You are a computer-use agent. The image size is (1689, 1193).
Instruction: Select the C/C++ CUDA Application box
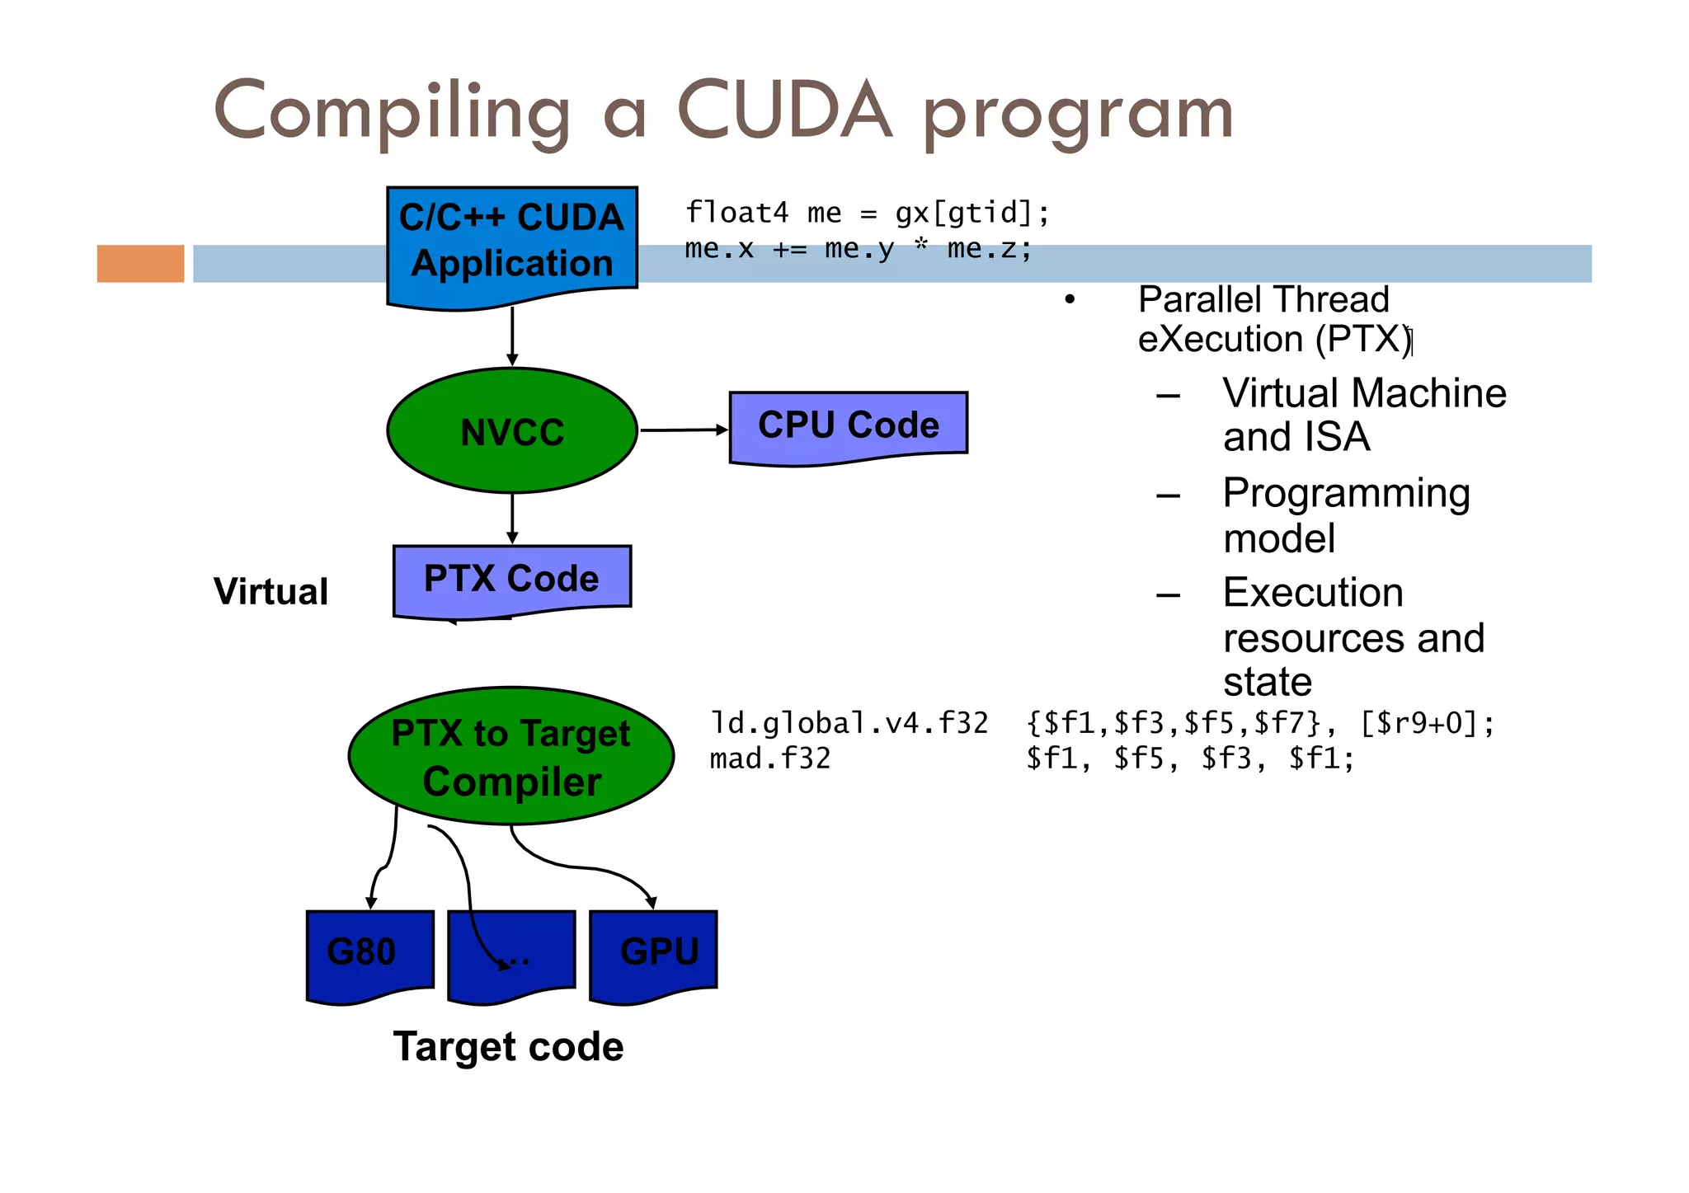point(511,243)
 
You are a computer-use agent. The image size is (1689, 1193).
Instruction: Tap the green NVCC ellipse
point(511,430)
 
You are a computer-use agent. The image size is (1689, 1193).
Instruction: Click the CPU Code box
point(848,426)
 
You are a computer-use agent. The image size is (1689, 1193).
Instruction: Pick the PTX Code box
point(511,579)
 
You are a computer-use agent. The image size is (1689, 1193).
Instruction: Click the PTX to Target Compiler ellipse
point(511,756)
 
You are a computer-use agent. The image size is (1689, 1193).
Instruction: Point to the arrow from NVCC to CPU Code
point(683,430)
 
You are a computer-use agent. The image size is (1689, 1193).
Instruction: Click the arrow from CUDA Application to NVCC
point(512,336)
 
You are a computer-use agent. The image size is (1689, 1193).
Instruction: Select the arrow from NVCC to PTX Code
point(512,518)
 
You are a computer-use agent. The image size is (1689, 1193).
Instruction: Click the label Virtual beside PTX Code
point(271,591)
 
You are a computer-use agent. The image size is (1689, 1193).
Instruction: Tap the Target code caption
point(508,1046)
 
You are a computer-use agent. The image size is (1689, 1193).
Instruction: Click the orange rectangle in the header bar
point(140,264)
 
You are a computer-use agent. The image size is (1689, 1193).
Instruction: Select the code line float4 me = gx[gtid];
point(867,213)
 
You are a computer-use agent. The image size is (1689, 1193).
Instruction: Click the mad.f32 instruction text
point(769,759)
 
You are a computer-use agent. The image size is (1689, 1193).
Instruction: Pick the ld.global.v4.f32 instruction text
point(849,723)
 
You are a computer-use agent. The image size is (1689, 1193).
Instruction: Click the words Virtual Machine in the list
point(1364,392)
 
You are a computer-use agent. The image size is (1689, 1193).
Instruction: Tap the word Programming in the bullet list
point(1346,493)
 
